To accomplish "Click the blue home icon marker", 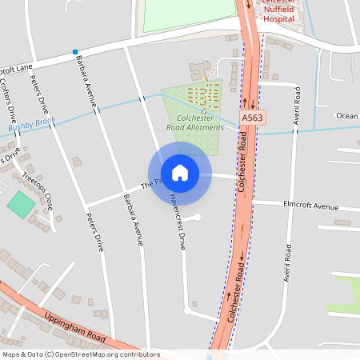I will [180, 173].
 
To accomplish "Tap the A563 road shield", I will [252, 118].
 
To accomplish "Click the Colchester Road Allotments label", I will [195, 122].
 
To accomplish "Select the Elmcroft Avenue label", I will [311, 206].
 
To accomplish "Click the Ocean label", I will [347, 116].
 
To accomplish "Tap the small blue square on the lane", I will [75, 51].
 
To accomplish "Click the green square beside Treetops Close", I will [22, 203].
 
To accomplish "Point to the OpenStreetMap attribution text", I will [81, 354].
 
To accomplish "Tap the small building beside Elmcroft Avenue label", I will [342, 222].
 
